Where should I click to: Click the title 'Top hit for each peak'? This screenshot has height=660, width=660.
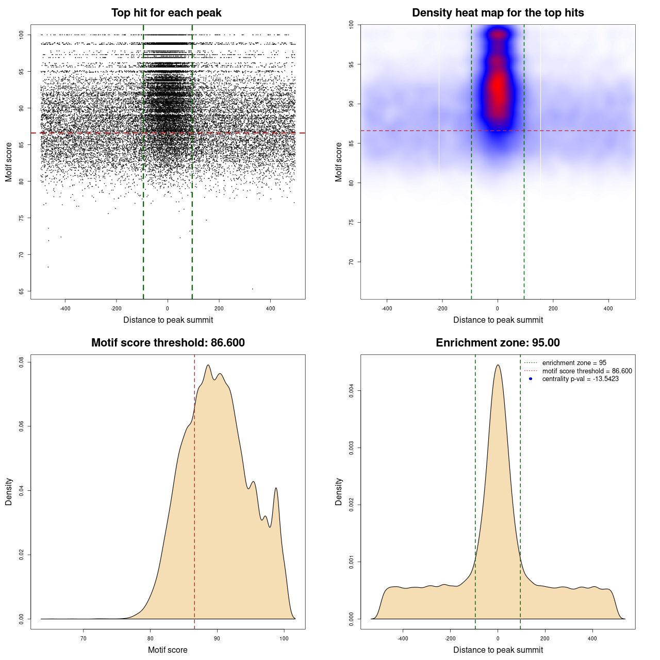pyautogui.click(x=167, y=13)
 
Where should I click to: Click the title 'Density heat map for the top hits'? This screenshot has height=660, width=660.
pyautogui.click(x=498, y=13)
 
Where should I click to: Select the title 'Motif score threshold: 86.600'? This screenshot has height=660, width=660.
pyautogui.click(x=168, y=343)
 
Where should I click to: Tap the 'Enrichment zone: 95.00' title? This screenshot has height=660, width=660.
pyautogui.click(x=498, y=343)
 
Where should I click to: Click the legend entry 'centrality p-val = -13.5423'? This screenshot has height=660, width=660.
pyautogui.click(x=580, y=379)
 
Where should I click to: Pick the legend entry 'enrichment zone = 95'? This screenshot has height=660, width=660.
pyautogui.click(x=574, y=363)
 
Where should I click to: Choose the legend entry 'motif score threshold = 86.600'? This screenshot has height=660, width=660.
pyautogui.click(x=587, y=371)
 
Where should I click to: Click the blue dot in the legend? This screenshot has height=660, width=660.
pyautogui.click(x=531, y=379)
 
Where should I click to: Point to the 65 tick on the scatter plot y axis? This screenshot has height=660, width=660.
pyautogui.click(x=21, y=291)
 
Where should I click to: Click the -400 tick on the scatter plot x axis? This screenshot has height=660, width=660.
pyautogui.click(x=65, y=308)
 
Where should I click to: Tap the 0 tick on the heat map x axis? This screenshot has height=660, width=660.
pyautogui.click(x=498, y=308)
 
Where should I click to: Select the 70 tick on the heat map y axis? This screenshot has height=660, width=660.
pyautogui.click(x=351, y=262)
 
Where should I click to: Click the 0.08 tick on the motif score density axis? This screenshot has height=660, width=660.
pyautogui.click(x=21, y=362)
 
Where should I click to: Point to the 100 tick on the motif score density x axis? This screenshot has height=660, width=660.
pyautogui.click(x=284, y=638)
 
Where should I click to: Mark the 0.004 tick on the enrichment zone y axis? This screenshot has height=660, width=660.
pyautogui.click(x=351, y=391)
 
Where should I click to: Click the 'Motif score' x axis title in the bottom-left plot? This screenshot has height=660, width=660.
pyautogui.click(x=168, y=650)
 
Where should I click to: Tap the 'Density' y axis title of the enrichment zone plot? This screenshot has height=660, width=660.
pyautogui.click(x=339, y=491)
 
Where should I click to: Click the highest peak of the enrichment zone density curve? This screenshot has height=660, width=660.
pyautogui.click(x=498, y=365)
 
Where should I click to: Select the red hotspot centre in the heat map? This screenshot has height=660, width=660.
pyautogui.click(x=498, y=88)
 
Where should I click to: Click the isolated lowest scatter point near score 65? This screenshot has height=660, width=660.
pyautogui.click(x=252, y=289)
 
